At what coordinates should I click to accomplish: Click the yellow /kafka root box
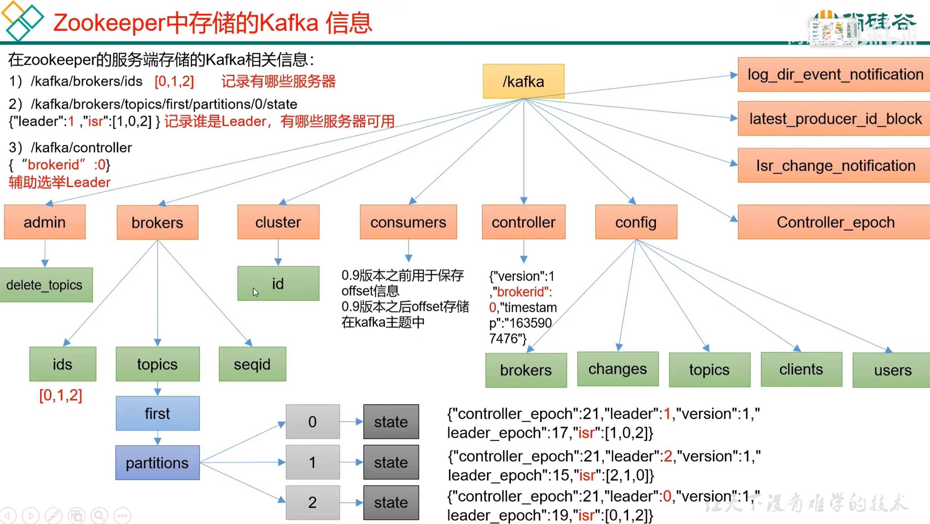[523, 81]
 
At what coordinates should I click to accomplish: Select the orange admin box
[45, 222]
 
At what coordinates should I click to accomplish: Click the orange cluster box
[278, 222]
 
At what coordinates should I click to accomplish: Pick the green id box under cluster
[278, 283]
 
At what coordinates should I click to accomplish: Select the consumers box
[408, 222]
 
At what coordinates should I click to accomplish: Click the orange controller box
[523, 222]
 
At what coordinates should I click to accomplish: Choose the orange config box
[636, 222]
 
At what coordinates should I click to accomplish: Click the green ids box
[63, 364]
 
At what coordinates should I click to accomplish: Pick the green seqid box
[252, 364]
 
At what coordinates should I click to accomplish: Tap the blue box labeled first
[158, 413]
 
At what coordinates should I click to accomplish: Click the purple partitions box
[158, 462]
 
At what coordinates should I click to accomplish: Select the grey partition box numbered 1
[312, 462]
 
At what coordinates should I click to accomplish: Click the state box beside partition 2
[391, 502]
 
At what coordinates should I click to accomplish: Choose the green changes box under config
[618, 369]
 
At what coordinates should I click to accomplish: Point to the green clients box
[801, 369]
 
